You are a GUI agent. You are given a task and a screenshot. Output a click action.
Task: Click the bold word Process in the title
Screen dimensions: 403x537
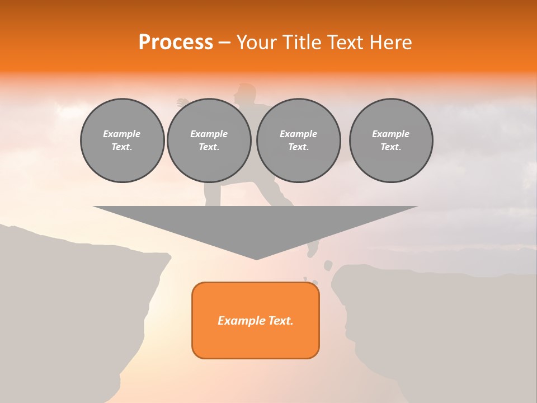pos(176,43)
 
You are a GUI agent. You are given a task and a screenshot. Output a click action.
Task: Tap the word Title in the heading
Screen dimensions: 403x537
pos(303,43)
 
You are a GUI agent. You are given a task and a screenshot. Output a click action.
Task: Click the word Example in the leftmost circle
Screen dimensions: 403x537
pos(122,134)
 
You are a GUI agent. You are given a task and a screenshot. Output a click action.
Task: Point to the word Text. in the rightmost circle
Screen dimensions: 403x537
pos(391,147)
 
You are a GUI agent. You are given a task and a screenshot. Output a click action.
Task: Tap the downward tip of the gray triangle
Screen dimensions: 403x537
pos(256,258)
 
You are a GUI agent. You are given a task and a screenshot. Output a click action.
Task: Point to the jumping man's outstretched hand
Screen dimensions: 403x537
pos(182,103)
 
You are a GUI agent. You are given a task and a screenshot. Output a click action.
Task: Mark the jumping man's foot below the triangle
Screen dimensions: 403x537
pos(313,249)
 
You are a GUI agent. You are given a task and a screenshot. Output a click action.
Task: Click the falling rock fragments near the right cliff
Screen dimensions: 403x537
pos(328,265)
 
